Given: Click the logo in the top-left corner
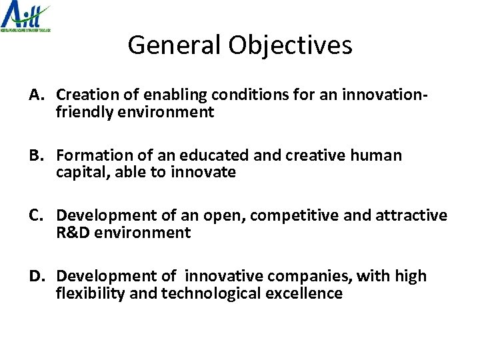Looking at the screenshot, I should (26, 17).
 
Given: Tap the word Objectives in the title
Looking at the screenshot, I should (291, 45).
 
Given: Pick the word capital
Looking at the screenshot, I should (79, 173).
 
